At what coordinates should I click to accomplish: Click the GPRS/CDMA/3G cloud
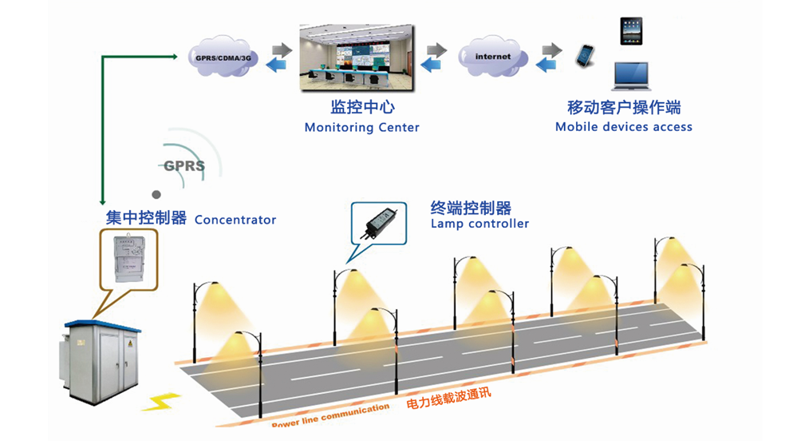point(224,58)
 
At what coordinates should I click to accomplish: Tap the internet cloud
point(492,57)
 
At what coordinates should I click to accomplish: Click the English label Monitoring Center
point(361,127)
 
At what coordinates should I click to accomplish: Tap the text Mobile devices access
point(624,126)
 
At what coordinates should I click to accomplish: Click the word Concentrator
point(235,220)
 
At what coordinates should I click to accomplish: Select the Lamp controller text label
point(479,224)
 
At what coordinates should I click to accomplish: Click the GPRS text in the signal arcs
point(184,167)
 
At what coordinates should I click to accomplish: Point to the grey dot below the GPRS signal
point(156,194)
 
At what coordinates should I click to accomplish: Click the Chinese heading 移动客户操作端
point(624,107)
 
